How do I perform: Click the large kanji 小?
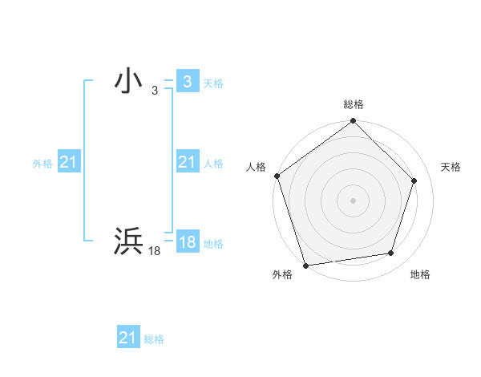(129, 80)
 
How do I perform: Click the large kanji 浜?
(129, 241)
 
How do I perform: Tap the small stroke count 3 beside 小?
(155, 91)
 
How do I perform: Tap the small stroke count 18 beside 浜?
(155, 252)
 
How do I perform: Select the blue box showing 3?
(187, 81)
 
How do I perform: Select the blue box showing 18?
(187, 243)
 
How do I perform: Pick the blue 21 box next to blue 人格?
(187, 163)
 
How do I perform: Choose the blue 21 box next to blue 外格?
(68, 163)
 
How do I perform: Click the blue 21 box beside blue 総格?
(128, 338)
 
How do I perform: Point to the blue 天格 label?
(213, 83)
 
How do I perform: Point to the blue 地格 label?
(213, 244)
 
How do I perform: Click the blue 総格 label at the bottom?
(154, 339)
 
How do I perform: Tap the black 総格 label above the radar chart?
(353, 104)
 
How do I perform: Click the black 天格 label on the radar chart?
(451, 167)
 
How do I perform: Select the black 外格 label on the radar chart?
(282, 275)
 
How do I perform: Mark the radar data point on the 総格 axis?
(353, 122)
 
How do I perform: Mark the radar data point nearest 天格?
(414, 180)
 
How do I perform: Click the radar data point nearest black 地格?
(391, 253)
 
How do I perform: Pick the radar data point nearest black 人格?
(277, 176)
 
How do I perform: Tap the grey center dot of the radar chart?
(353, 200)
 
